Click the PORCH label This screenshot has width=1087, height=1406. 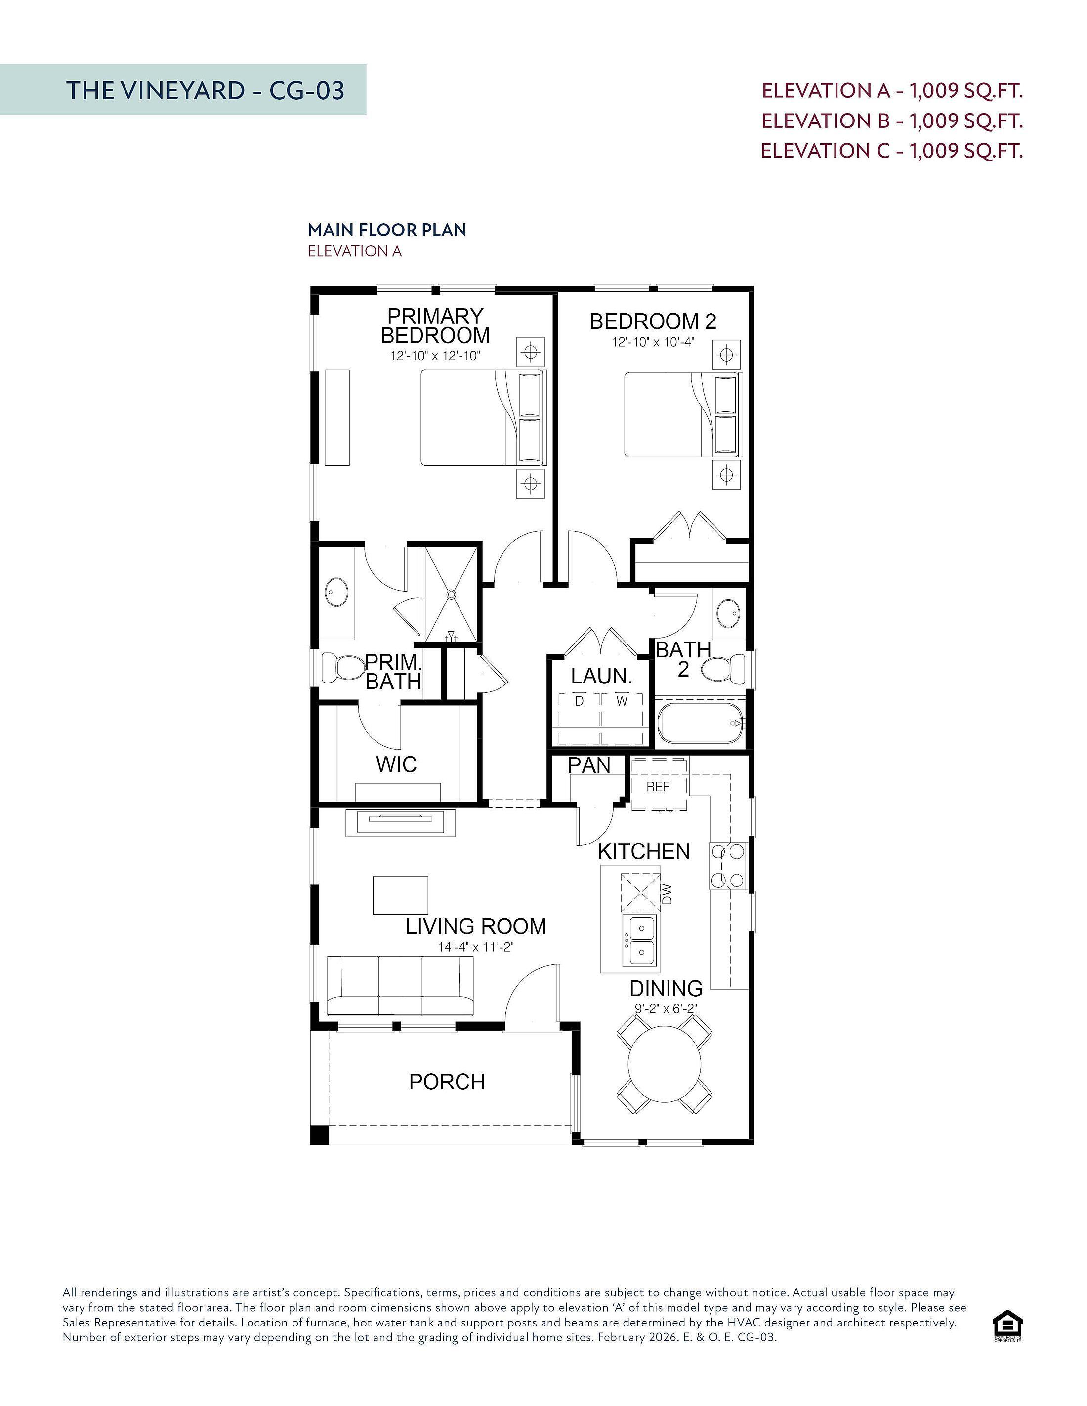point(447,1082)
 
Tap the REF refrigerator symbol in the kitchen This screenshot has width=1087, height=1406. point(658,785)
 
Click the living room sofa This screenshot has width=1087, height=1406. point(400,986)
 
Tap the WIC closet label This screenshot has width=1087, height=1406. point(396,765)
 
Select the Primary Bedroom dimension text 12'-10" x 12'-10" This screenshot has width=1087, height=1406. point(435,356)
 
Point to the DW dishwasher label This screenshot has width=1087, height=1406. point(667,894)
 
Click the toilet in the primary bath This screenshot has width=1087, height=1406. point(343,669)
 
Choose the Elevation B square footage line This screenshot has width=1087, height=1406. point(892,121)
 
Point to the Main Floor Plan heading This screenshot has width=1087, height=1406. point(387,230)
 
